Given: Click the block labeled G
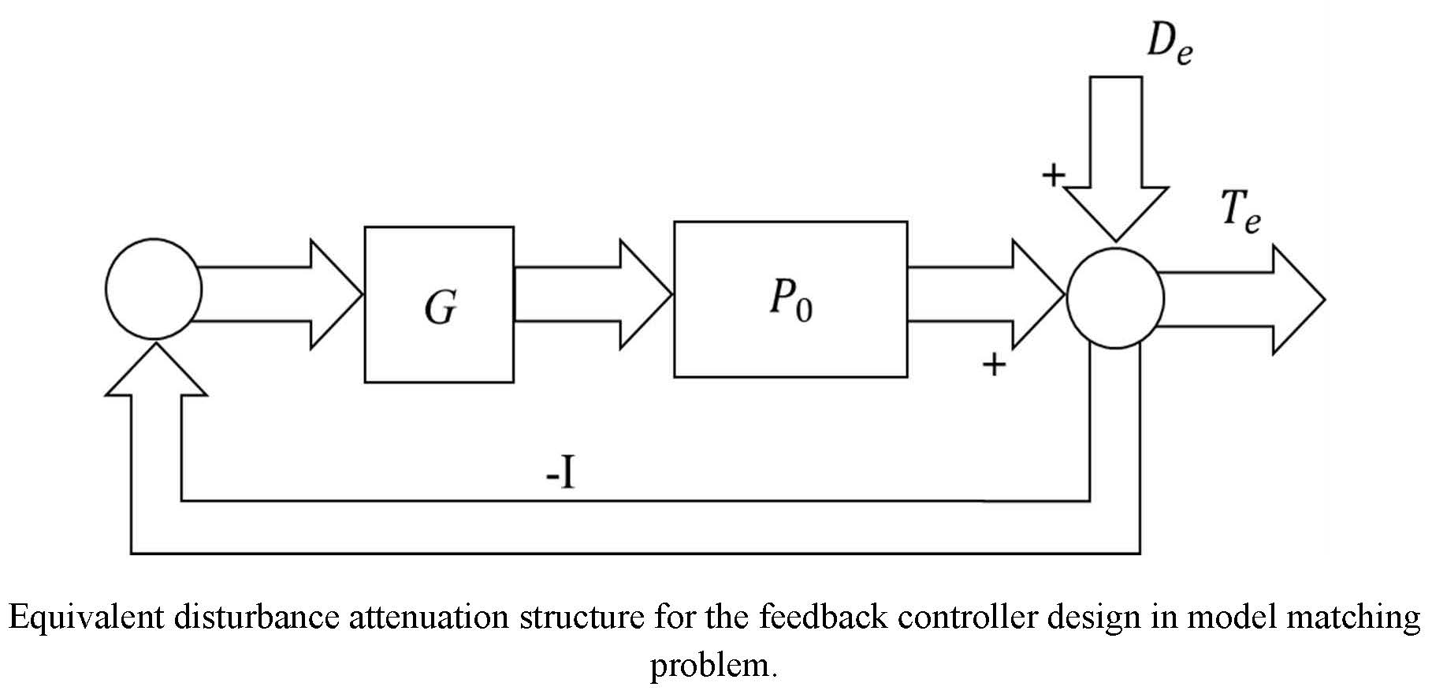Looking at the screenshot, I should pyautogui.click(x=439, y=304).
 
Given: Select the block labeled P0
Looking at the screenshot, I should pyautogui.click(x=790, y=299).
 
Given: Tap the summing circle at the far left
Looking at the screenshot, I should pyautogui.click(x=154, y=289).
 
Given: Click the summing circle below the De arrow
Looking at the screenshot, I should pyautogui.click(x=1115, y=298).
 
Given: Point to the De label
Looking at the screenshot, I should pyautogui.click(x=1169, y=43).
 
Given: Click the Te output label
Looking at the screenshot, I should pyautogui.click(x=1240, y=213).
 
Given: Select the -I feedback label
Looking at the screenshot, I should pyautogui.click(x=560, y=476).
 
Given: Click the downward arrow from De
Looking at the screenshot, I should pyautogui.click(x=1115, y=158).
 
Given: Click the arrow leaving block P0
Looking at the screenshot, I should pyautogui.click(x=985, y=294).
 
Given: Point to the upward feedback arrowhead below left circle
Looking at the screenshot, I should pyautogui.click(x=156, y=371).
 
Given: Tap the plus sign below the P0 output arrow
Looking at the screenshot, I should pyautogui.click(x=995, y=364).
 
